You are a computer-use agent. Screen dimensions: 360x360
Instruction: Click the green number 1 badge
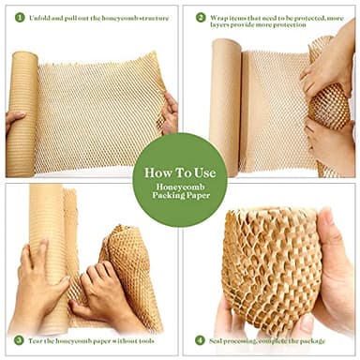tap(19, 18)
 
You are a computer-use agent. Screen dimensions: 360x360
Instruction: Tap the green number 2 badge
tap(200, 18)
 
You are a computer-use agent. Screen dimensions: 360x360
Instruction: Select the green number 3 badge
tap(19, 339)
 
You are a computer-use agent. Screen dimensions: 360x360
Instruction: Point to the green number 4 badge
tap(200, 339)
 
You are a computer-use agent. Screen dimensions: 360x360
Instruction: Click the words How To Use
tap(179, 173)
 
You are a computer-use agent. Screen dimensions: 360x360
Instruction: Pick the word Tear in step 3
tap(38, 339)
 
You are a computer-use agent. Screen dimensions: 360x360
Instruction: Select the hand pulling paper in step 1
tap(170, 112)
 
